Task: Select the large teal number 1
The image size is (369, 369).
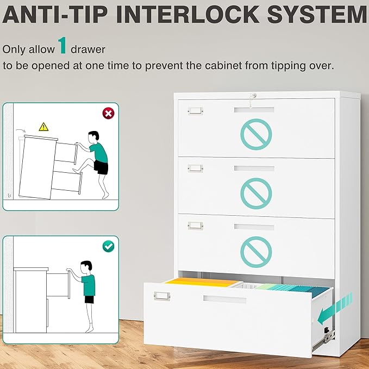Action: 63,46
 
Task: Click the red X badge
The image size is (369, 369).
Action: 108,113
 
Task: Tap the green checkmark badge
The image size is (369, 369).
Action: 108,246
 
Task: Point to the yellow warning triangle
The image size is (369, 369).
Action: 44,127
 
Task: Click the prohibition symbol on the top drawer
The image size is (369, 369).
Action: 256,134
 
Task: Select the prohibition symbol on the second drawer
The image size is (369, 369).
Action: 256,193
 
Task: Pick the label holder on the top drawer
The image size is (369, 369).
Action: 195,110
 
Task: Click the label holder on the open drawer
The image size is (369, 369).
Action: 162,295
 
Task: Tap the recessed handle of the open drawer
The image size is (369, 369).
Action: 224,299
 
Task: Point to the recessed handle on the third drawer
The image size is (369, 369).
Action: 254,226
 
